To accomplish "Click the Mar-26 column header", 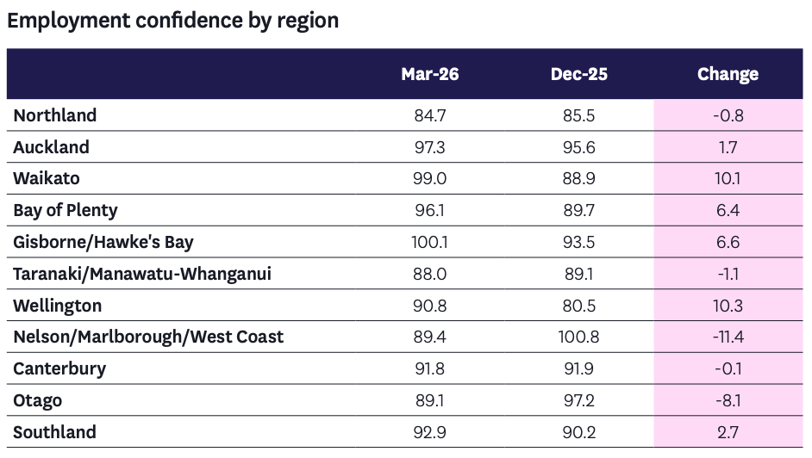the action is [430, 74].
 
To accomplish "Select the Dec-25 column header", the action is [579, 74].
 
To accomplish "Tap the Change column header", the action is [728, 74].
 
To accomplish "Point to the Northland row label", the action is [55, 115].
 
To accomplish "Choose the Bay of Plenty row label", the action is [66, 210].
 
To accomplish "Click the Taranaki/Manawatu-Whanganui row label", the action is [142, 274].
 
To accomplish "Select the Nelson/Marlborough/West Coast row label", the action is [148, 337].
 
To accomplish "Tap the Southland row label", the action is [55, 432].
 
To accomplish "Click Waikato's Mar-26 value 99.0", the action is [430, 179].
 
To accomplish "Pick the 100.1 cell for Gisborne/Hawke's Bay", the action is [430, 243].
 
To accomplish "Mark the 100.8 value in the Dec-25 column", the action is [579, 337].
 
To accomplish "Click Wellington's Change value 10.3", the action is [728, 306].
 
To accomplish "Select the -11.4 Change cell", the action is [728, 337].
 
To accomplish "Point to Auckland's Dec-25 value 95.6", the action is [579, 147].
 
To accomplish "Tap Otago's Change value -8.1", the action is [728, 400].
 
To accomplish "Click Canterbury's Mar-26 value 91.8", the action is [430, 369].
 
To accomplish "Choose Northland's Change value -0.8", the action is [728, 116].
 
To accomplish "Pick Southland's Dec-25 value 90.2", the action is [579, 432].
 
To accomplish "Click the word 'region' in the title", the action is [308, 22].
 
